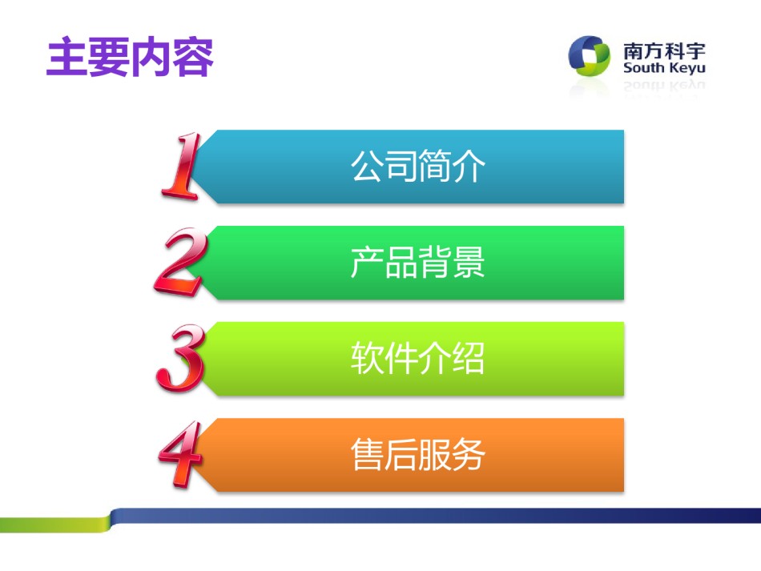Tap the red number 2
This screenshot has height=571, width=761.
180,262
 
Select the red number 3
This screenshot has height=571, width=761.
180,358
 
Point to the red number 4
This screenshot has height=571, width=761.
180,453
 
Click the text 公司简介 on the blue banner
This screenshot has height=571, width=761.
418,166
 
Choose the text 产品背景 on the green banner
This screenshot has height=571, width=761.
418,262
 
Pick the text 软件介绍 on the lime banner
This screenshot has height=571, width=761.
418,358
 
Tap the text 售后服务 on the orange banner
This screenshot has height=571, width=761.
418,454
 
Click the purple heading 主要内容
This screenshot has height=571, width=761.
130,57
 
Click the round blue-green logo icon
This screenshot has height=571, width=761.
590,55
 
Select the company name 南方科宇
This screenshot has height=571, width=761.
664,51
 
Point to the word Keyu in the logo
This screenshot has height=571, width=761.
687,68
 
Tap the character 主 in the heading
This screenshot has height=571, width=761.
67,57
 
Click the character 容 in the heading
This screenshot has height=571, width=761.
193,57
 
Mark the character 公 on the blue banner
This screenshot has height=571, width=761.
367,166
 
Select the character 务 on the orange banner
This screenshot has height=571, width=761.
469,454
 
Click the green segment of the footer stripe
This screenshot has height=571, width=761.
55,525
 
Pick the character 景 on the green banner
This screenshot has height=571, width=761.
469,262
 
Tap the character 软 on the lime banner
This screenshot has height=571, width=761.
367,358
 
